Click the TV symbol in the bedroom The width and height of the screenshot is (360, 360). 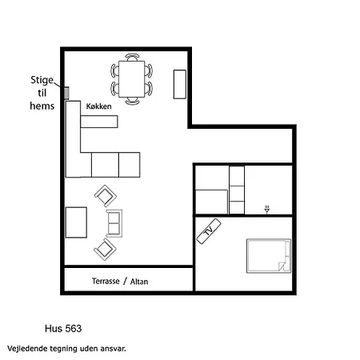pos(209,231)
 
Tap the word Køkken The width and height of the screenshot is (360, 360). pos(98,106)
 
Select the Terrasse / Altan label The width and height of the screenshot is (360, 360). pos(120,281)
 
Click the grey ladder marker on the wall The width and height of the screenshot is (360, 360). pos(66,93)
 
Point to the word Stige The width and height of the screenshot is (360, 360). pos(42,80)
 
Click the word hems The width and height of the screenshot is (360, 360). pos(42,106)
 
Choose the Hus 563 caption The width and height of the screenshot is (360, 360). pos(63,329)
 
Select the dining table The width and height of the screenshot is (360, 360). pos(132,79)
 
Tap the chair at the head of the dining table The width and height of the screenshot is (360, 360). pos(132,57)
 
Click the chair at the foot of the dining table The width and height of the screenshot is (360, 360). pos(132,101)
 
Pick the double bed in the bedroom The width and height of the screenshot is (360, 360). pos(269,256)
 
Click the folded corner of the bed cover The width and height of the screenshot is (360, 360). pos(282,266)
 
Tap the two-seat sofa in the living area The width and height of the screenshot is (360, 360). pos(114,223)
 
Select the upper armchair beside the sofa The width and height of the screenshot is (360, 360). pos(106,196)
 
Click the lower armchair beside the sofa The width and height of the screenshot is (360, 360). pos(105,250)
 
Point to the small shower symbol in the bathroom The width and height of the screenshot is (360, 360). pos(267,210)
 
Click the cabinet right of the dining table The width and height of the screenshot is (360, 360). pos(180,84)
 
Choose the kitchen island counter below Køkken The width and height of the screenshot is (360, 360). pos(99,122)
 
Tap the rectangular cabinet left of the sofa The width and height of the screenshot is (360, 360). pos(76,222)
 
